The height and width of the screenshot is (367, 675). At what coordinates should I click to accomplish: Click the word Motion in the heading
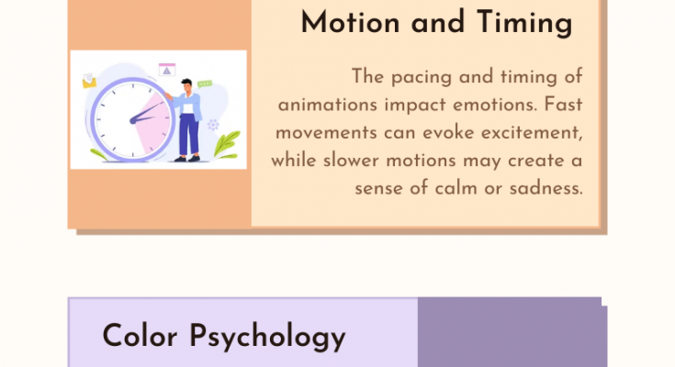[x=351, y=22]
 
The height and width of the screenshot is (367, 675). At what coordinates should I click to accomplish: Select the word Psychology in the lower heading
[x=267, y=338]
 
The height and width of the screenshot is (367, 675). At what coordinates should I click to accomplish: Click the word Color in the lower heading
[x=140, y=336]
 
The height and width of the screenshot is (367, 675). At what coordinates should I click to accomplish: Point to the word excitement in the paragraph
[x=532, y=133]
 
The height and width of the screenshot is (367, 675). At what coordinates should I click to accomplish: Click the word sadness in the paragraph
[x=546, y=188]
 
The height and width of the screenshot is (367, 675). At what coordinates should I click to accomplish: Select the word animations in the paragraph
[x=328, y=105]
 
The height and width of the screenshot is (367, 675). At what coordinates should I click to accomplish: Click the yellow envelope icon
[x=89, y=81]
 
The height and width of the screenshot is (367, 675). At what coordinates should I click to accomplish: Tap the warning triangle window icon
[x=166, y=70]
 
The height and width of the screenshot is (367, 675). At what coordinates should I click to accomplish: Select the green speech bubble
[x=205, y=83]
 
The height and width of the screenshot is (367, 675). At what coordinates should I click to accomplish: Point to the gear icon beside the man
[x=213, y=125]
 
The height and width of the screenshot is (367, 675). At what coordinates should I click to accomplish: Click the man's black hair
[x=186, y=83]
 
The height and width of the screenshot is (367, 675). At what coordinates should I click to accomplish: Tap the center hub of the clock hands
[x=133, y=121]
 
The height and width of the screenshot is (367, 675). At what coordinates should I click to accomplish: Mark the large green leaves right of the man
[x=227, y=144]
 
